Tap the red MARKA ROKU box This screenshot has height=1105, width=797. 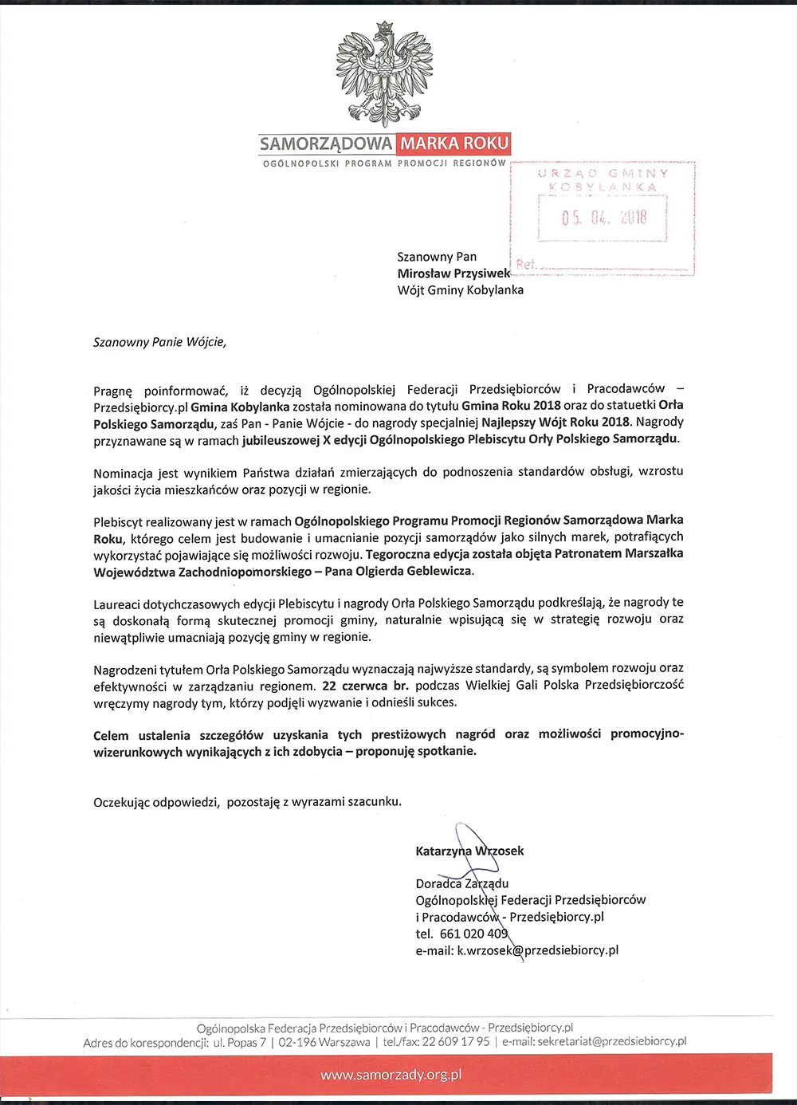click(x=454, y=144)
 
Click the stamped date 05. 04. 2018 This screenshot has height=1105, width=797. click(x=604, y=218)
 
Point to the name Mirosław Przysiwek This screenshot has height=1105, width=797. click(x=453, y=273)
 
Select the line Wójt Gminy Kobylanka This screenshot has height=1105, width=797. click(x=460, y=290)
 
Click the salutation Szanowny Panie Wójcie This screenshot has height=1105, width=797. click(x=159, y=343)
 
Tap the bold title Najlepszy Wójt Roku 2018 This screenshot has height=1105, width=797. click(x=556, y=423)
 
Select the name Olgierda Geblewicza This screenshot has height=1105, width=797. click(x=419, y=571)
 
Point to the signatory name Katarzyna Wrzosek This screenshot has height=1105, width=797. click(x=469, y=851)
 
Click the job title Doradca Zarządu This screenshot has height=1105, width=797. click(x=461, y=883)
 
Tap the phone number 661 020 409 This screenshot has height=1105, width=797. click(x=473, y=934)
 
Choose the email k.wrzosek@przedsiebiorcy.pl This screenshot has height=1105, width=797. click(x=537, y=950)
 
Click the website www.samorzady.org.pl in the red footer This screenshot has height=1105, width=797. click(x=391, y=1076)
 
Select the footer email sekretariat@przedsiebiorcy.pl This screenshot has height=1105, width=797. click(x=611, y=1042)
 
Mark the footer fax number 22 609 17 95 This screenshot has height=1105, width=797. click(x=455, y=1042)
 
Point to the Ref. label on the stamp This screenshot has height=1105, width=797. click(x=526, y=264)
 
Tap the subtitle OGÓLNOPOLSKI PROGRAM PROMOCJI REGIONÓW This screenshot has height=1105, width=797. click(x=384, y=163)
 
